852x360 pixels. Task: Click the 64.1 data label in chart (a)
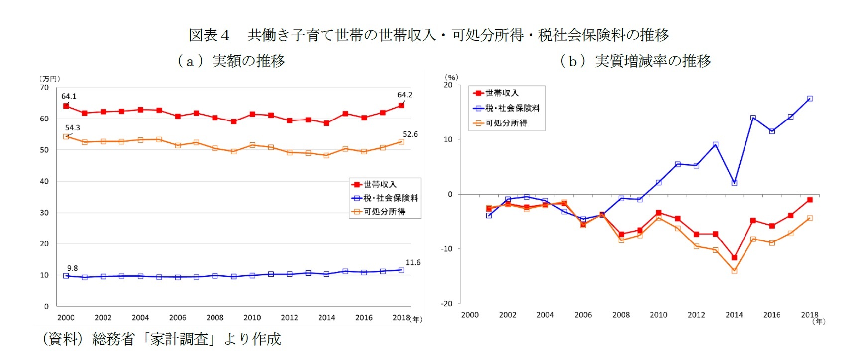[x=69, y=96]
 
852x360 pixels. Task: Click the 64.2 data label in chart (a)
[x=405, y=95]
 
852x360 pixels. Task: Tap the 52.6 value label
[x=410, y=134]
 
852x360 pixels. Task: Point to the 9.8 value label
[x=72, y=268]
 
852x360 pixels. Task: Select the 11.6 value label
[x=413, y=262]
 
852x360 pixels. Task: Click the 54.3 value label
[x=72, y=128]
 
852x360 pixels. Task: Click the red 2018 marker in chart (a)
[x=401, y=106]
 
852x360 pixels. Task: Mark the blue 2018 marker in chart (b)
[x=810, y=99]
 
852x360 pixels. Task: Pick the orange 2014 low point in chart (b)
[x=734, y=271]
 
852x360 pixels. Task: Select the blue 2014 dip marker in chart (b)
[x=734, y=183]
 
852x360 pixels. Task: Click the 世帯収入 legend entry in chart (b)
[x=501, y=93]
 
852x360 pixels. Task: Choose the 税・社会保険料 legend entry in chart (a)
[x=390, y=198]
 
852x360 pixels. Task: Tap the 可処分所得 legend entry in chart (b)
[x=506, y=123]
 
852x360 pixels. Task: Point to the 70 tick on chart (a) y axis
[x=44, y=88]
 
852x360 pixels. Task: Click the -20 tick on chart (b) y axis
[x=446, y=303]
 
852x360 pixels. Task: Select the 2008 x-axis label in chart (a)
[x=214, y=318]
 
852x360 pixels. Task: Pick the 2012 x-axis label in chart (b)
[x=696, y=315]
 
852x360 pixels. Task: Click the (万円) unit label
[x=49, y=79]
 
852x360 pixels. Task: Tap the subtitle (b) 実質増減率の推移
[x=635, y=61]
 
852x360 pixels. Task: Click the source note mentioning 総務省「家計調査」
[x=162, y=339]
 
